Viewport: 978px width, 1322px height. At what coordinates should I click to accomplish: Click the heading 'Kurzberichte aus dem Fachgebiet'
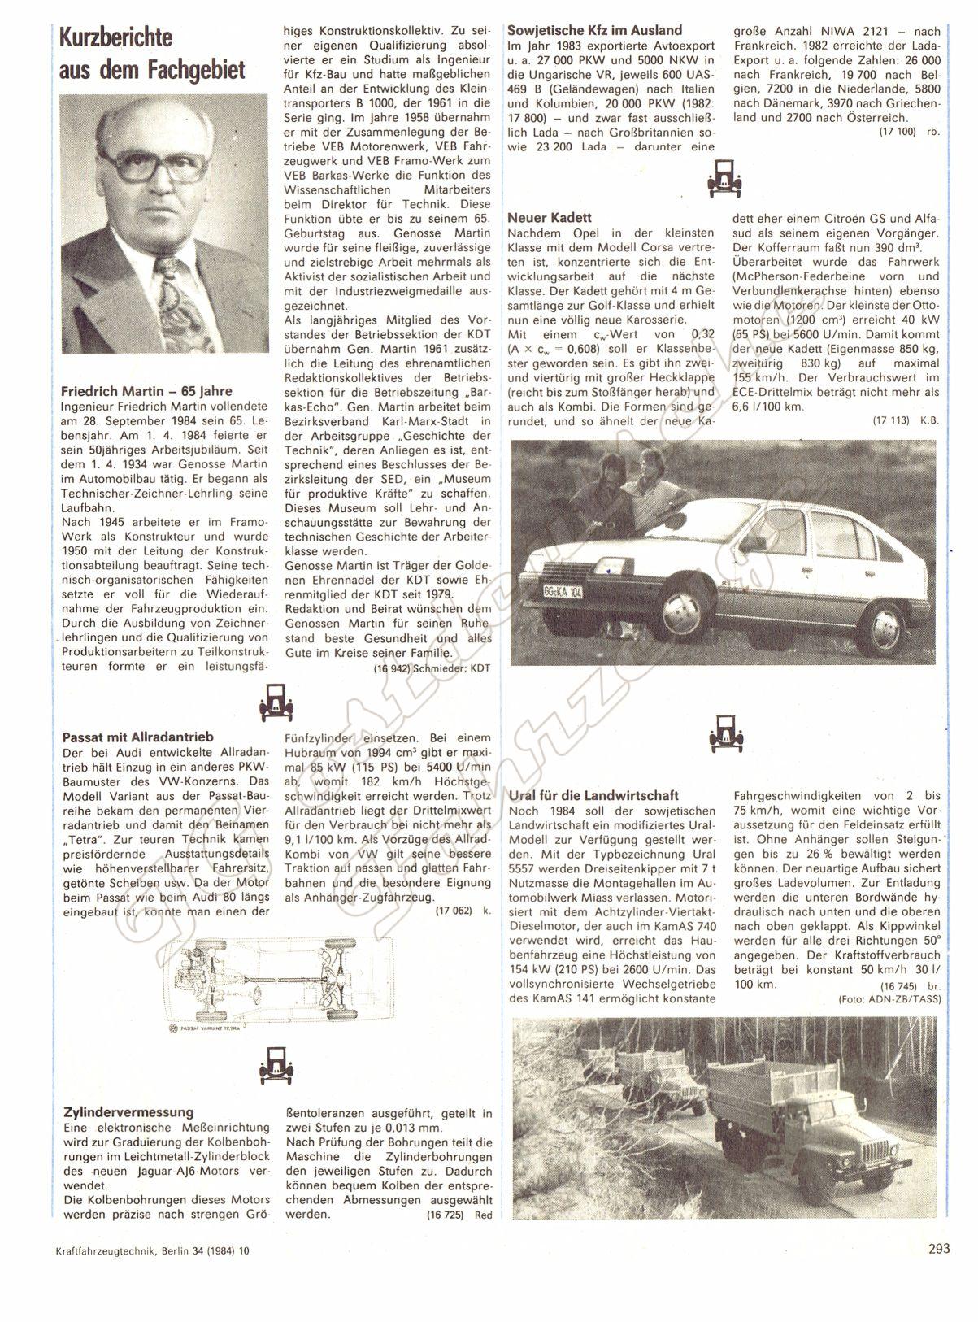pyautogui.click(x=152, y=54)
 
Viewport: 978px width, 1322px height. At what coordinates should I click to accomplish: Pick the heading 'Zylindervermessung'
pyautogui.click(x=128, y=1111)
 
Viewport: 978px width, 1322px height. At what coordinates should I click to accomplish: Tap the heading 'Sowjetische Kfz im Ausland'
pyautogui.click(x=594, y=30)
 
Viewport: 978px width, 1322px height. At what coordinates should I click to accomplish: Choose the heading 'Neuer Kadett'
pyautogui.click(x=549, y=217)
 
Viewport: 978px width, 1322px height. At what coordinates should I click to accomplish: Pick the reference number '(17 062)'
pyautogui.click(x=453, y=911)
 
